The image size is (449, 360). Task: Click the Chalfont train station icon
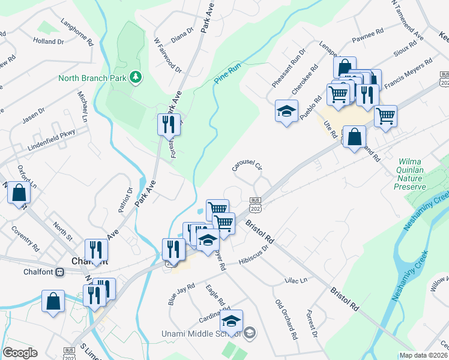59,272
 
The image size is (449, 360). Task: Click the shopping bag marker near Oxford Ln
20,193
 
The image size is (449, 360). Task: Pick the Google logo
20,353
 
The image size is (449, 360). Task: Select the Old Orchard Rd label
286,319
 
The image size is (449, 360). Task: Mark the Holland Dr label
48,41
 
